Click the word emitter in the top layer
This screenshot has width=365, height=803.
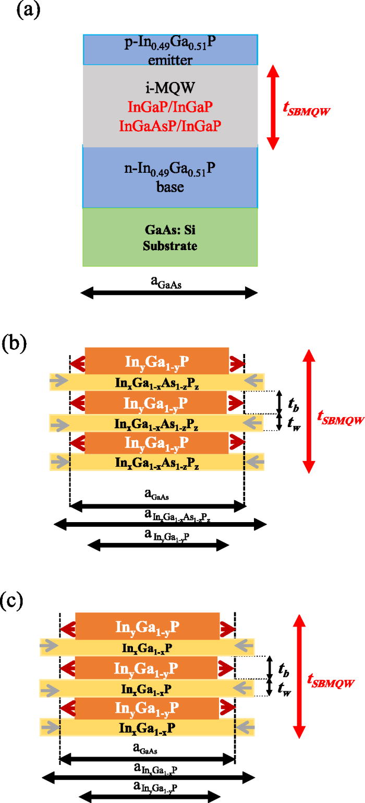170,60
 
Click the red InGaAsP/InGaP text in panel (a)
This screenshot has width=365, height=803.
170,126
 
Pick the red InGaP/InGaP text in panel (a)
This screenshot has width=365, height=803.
170,108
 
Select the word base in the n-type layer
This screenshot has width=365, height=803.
170,186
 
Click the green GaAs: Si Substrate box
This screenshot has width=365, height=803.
170,238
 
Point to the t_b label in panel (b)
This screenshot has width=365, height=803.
294,402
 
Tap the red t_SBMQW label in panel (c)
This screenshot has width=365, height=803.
331,681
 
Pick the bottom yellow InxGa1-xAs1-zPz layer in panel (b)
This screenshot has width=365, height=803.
156,462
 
